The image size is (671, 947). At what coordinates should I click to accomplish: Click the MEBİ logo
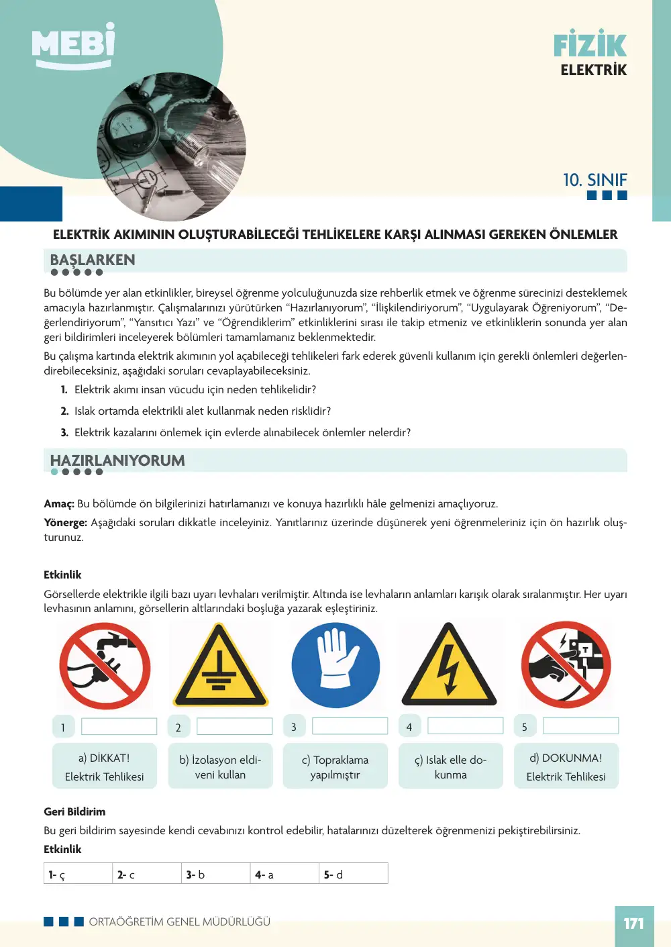[x=73, y=45]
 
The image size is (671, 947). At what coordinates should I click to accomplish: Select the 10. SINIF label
[x=595, y=180]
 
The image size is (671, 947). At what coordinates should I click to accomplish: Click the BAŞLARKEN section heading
[x=93, y=260]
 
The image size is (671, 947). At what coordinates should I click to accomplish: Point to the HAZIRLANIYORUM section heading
[x=117, y=460]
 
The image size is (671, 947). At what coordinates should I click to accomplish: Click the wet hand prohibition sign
[x=105, y=666]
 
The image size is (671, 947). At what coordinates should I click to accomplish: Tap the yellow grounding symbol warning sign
[x=220, y=665]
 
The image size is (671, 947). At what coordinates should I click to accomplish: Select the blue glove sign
[x=335, y=665]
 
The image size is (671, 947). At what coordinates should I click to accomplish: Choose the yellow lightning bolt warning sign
[x=449, y=664]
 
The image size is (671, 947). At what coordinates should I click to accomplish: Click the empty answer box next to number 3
[x=350, y=726]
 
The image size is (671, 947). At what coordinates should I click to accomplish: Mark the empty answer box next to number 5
[x=580, y=726]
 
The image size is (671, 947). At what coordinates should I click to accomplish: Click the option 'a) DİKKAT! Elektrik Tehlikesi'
[x=105, y=766]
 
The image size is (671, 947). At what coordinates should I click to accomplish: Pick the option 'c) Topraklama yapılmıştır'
[x=335, y=766]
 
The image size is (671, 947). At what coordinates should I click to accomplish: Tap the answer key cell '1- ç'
[x=78, y=874]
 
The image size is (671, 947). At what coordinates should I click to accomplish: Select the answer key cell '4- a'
[x=285, y=874]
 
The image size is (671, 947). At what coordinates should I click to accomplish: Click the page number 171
[x=634, y=923]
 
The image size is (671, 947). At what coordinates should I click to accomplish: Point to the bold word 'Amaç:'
[x=59, y=504]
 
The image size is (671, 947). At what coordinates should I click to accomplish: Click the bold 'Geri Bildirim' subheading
[x=74, y=811]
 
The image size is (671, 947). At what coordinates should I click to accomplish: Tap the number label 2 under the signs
[x=178, y=727]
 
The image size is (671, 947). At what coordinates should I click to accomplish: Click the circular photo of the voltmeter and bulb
[x=172, y=147]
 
